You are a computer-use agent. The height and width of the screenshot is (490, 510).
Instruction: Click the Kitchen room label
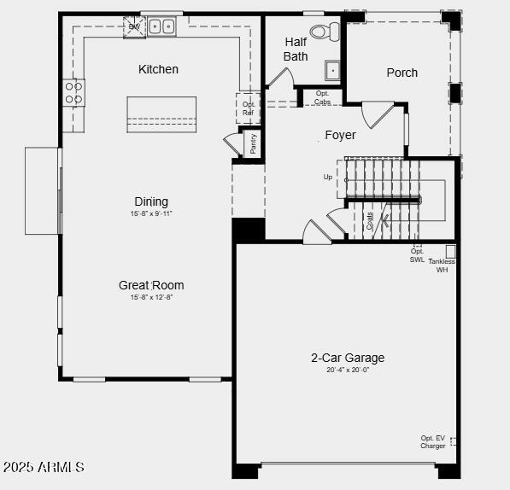point(158,69)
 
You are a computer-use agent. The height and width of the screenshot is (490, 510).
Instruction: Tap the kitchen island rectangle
point(161,114)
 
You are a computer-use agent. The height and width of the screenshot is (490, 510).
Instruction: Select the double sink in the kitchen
point(161,26)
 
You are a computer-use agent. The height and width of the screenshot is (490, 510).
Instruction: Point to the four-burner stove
point(74,92)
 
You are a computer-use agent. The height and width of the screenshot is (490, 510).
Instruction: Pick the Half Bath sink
point(332,70)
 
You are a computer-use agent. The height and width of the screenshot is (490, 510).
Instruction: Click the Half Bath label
point(296,49)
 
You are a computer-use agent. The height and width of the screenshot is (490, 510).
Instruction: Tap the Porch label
point(402,73)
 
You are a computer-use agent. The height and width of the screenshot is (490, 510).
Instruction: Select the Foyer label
point(340,135)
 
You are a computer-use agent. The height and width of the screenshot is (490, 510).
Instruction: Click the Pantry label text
point(253,143)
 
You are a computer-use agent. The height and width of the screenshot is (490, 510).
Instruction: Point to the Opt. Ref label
point(249,108)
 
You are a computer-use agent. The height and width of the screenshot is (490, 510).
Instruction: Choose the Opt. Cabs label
point(322,97)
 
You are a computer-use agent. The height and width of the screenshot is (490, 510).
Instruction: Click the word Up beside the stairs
point(328,178)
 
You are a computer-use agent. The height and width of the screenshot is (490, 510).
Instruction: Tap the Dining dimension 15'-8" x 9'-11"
point(151,213)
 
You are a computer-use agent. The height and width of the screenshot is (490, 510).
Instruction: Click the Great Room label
point(151,285)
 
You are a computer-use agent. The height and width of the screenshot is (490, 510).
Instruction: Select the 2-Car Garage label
point(347,358)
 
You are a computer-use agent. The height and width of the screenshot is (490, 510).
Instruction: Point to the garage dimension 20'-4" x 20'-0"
point(347,370)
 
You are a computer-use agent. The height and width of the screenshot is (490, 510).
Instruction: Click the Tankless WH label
point(442,265)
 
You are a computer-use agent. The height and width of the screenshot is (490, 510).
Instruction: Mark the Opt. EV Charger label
point(432,442)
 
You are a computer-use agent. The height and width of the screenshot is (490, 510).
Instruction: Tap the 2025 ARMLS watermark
point(43,467)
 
